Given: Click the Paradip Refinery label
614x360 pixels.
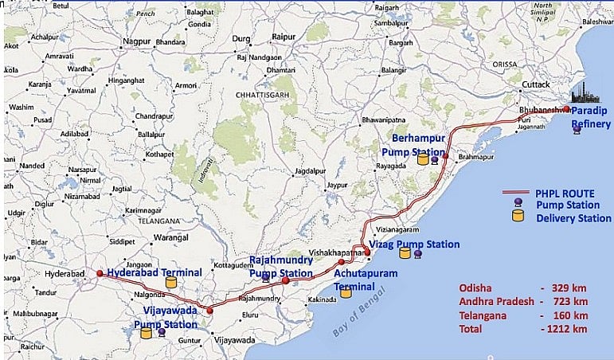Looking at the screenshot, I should tap(591, 118).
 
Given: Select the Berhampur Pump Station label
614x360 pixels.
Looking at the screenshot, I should tap(413, 144).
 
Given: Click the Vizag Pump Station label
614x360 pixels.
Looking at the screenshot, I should tap(414, 245).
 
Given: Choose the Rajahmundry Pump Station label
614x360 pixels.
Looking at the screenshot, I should tap(281, 266).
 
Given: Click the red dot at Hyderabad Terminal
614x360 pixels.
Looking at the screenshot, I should tap(100, 273).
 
